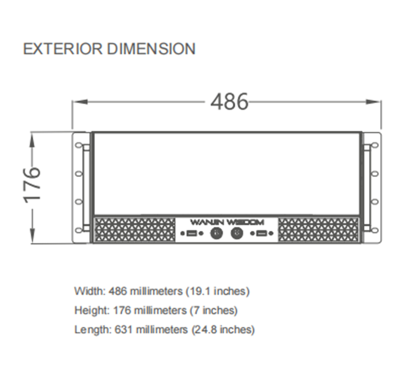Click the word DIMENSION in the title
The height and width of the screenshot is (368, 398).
tap(151, 49)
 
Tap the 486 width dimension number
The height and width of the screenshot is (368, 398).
tap(229, 102)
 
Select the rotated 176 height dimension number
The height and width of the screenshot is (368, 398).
tap(32, 185)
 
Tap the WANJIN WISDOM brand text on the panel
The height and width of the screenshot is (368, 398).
tap(227, 222)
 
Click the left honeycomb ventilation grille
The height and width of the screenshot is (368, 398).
tap(134, 230)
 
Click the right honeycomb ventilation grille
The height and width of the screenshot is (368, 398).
tap(318, 230)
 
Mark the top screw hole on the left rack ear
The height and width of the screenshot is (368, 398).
tap(79, 145)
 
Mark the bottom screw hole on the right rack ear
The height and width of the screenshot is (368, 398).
tap(375, 230)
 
